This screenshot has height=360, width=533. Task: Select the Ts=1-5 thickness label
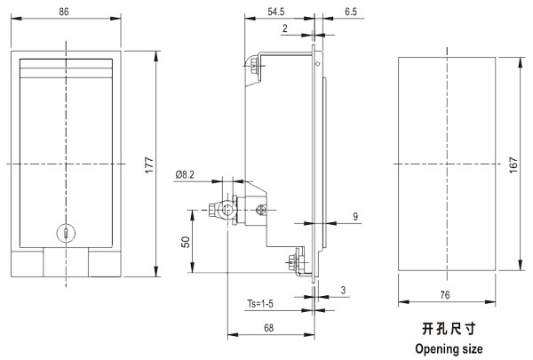[x=262, y=304]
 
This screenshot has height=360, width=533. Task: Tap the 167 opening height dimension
[x=513, y=164]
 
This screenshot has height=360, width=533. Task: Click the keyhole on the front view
[x=65, y=234]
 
